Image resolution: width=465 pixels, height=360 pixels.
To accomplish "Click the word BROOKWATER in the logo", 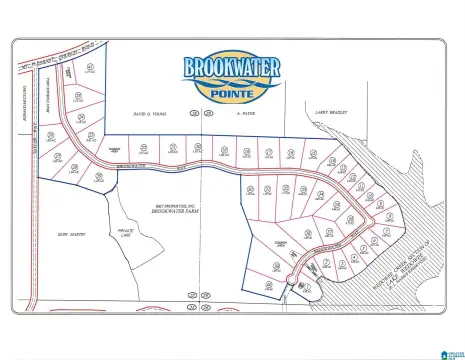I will click(x=232, y=69).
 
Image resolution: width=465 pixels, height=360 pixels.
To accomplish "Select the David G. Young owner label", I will click(x=152, y=115).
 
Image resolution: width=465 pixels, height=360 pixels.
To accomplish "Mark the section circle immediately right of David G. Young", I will click(x=207, y=115).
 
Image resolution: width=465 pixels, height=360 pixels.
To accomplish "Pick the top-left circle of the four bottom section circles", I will click(x=190, y=297).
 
